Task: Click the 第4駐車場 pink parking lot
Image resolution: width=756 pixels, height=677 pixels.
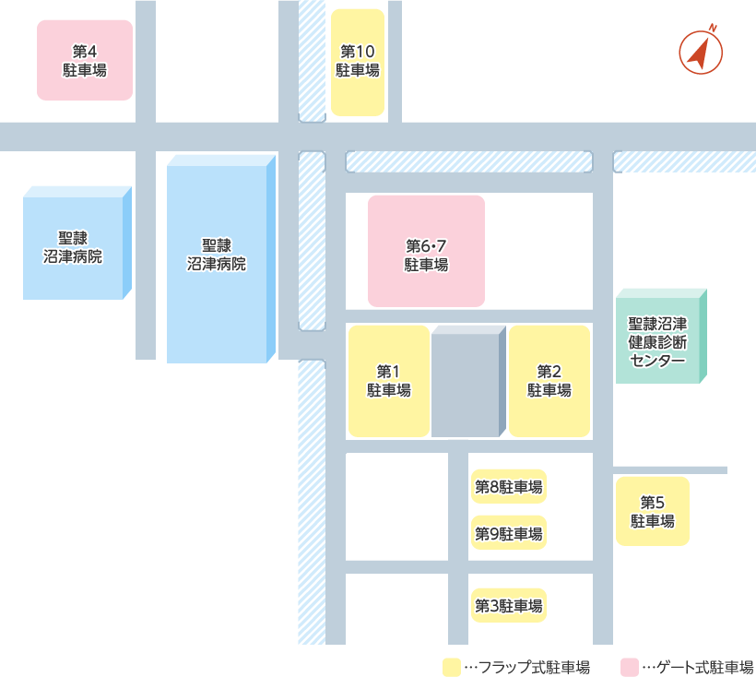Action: [85, 60]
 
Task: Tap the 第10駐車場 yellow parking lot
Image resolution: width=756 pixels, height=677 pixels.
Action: [357, 62]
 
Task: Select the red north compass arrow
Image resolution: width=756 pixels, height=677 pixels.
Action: [701, 53]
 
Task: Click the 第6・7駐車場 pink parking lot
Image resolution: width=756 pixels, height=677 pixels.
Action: [426, 251]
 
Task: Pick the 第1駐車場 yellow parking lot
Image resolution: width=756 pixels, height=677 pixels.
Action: [388, 381]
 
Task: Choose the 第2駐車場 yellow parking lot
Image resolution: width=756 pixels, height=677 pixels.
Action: [549, 381]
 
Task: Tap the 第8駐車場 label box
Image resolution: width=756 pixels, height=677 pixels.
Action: [508, 486]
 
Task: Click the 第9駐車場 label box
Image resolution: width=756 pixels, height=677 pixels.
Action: [508, 533]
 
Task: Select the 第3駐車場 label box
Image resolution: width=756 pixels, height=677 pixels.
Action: [508, 606]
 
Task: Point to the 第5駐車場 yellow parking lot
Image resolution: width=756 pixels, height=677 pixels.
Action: [652, 511]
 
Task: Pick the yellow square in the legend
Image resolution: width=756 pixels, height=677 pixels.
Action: [451, 667]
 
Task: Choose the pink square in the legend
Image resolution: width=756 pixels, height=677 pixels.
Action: [631, 667]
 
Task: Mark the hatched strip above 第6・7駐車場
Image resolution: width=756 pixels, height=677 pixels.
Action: [468, 161]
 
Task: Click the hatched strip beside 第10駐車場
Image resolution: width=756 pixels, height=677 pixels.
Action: [312, 60]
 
